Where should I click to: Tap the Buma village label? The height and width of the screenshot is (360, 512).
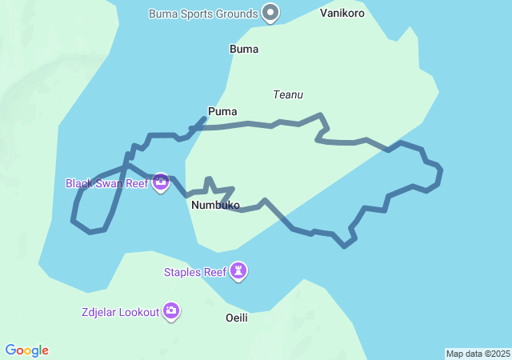pos(244,49)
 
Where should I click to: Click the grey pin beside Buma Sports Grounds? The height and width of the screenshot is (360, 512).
pos(271,13)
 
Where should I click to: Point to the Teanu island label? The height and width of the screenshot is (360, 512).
pos(288,94)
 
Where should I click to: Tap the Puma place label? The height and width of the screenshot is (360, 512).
pos(222,112)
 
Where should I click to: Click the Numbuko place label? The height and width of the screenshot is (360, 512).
pos(216,206)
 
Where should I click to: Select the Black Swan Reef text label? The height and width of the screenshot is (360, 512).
pos(106,183)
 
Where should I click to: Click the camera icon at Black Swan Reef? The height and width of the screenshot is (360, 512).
pos(161,182)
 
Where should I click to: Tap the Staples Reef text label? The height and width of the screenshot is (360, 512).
pos(195,272)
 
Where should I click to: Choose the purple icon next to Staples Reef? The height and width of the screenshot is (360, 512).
pos(238,271)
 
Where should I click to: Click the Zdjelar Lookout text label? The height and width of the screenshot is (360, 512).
pos(120,312)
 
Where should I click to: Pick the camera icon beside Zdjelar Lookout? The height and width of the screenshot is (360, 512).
pos(171,311)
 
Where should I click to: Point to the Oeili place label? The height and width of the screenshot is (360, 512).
pos(237,318)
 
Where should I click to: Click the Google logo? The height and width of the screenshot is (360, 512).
pos(27,350)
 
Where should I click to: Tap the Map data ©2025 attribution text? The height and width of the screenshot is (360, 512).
pos(478,354)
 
